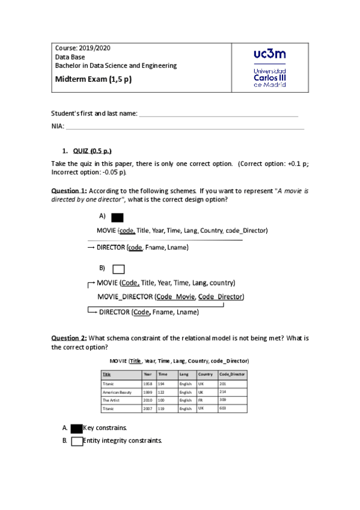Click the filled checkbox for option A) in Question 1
point(118,218)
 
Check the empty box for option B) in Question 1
point(118,269)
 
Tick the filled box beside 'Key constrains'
point(76,428)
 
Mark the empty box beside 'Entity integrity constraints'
point(76,441)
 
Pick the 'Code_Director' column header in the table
point(232,374)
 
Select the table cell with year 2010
point(147,400)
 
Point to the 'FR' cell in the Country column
point(201,400)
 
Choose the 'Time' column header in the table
point(163,374)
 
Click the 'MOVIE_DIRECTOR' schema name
point(125,296)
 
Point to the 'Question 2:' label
point(69,339)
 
